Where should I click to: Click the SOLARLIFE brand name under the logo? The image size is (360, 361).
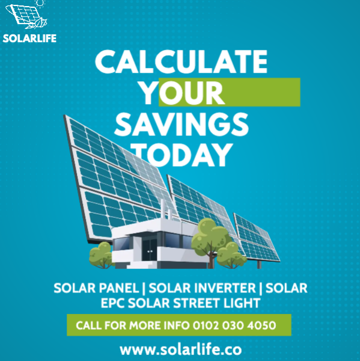(29, 39)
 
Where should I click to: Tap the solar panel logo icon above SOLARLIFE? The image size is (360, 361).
(26, 15)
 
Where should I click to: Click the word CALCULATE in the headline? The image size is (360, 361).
(181, 61)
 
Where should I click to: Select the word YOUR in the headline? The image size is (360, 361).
(183, 93)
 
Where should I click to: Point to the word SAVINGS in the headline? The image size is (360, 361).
(182, 125)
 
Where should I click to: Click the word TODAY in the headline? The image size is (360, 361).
(182, 155)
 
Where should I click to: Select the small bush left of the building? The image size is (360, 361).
(101, 255)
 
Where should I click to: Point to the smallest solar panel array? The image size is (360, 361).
(257, 238)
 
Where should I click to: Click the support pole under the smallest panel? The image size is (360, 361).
(259, 265)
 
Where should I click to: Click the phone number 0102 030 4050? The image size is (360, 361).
(234, 326)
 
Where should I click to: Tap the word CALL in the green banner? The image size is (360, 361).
(88, 326)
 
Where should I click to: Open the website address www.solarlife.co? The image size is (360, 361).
(181, 350)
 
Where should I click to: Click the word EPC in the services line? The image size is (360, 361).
(113, 303)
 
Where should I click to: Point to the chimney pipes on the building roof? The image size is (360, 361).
(166, 209)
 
